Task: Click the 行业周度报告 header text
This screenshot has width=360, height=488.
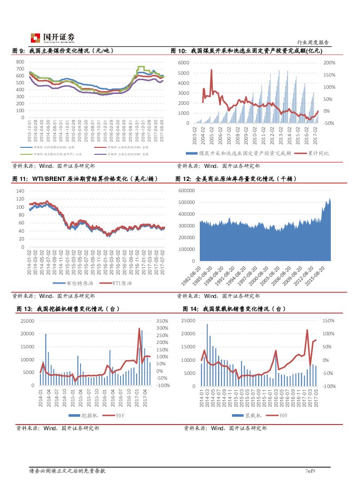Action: tap(313, 42)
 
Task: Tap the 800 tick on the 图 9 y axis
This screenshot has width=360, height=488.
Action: tap(20, 62)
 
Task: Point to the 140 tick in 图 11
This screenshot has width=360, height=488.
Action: tap(20, 191)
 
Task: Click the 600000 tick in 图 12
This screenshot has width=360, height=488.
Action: tap(186, 191)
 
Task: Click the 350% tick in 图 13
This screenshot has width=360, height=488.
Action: tap(162, 321)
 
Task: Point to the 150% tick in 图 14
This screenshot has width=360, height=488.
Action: tap(329, 321)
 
